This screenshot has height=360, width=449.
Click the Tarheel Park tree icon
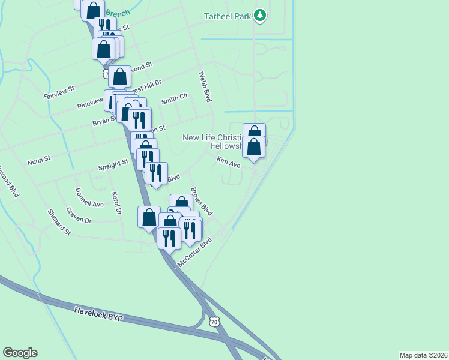coord(259,16)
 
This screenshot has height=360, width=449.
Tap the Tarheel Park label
coord(227,16)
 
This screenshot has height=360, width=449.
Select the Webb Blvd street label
coord(205,87)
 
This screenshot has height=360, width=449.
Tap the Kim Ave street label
coord(228,162)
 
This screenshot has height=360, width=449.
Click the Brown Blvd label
coord(202,202)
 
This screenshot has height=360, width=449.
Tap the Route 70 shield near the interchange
coord(215,322)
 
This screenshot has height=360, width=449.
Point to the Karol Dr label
coord(116,203)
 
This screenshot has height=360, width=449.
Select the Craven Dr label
coord(79,216)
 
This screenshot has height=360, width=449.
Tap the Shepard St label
coord(59,223)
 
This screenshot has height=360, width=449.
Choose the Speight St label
coord(113,163)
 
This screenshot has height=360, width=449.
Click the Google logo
coord(20,353)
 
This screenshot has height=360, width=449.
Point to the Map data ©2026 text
coord(423,355)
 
